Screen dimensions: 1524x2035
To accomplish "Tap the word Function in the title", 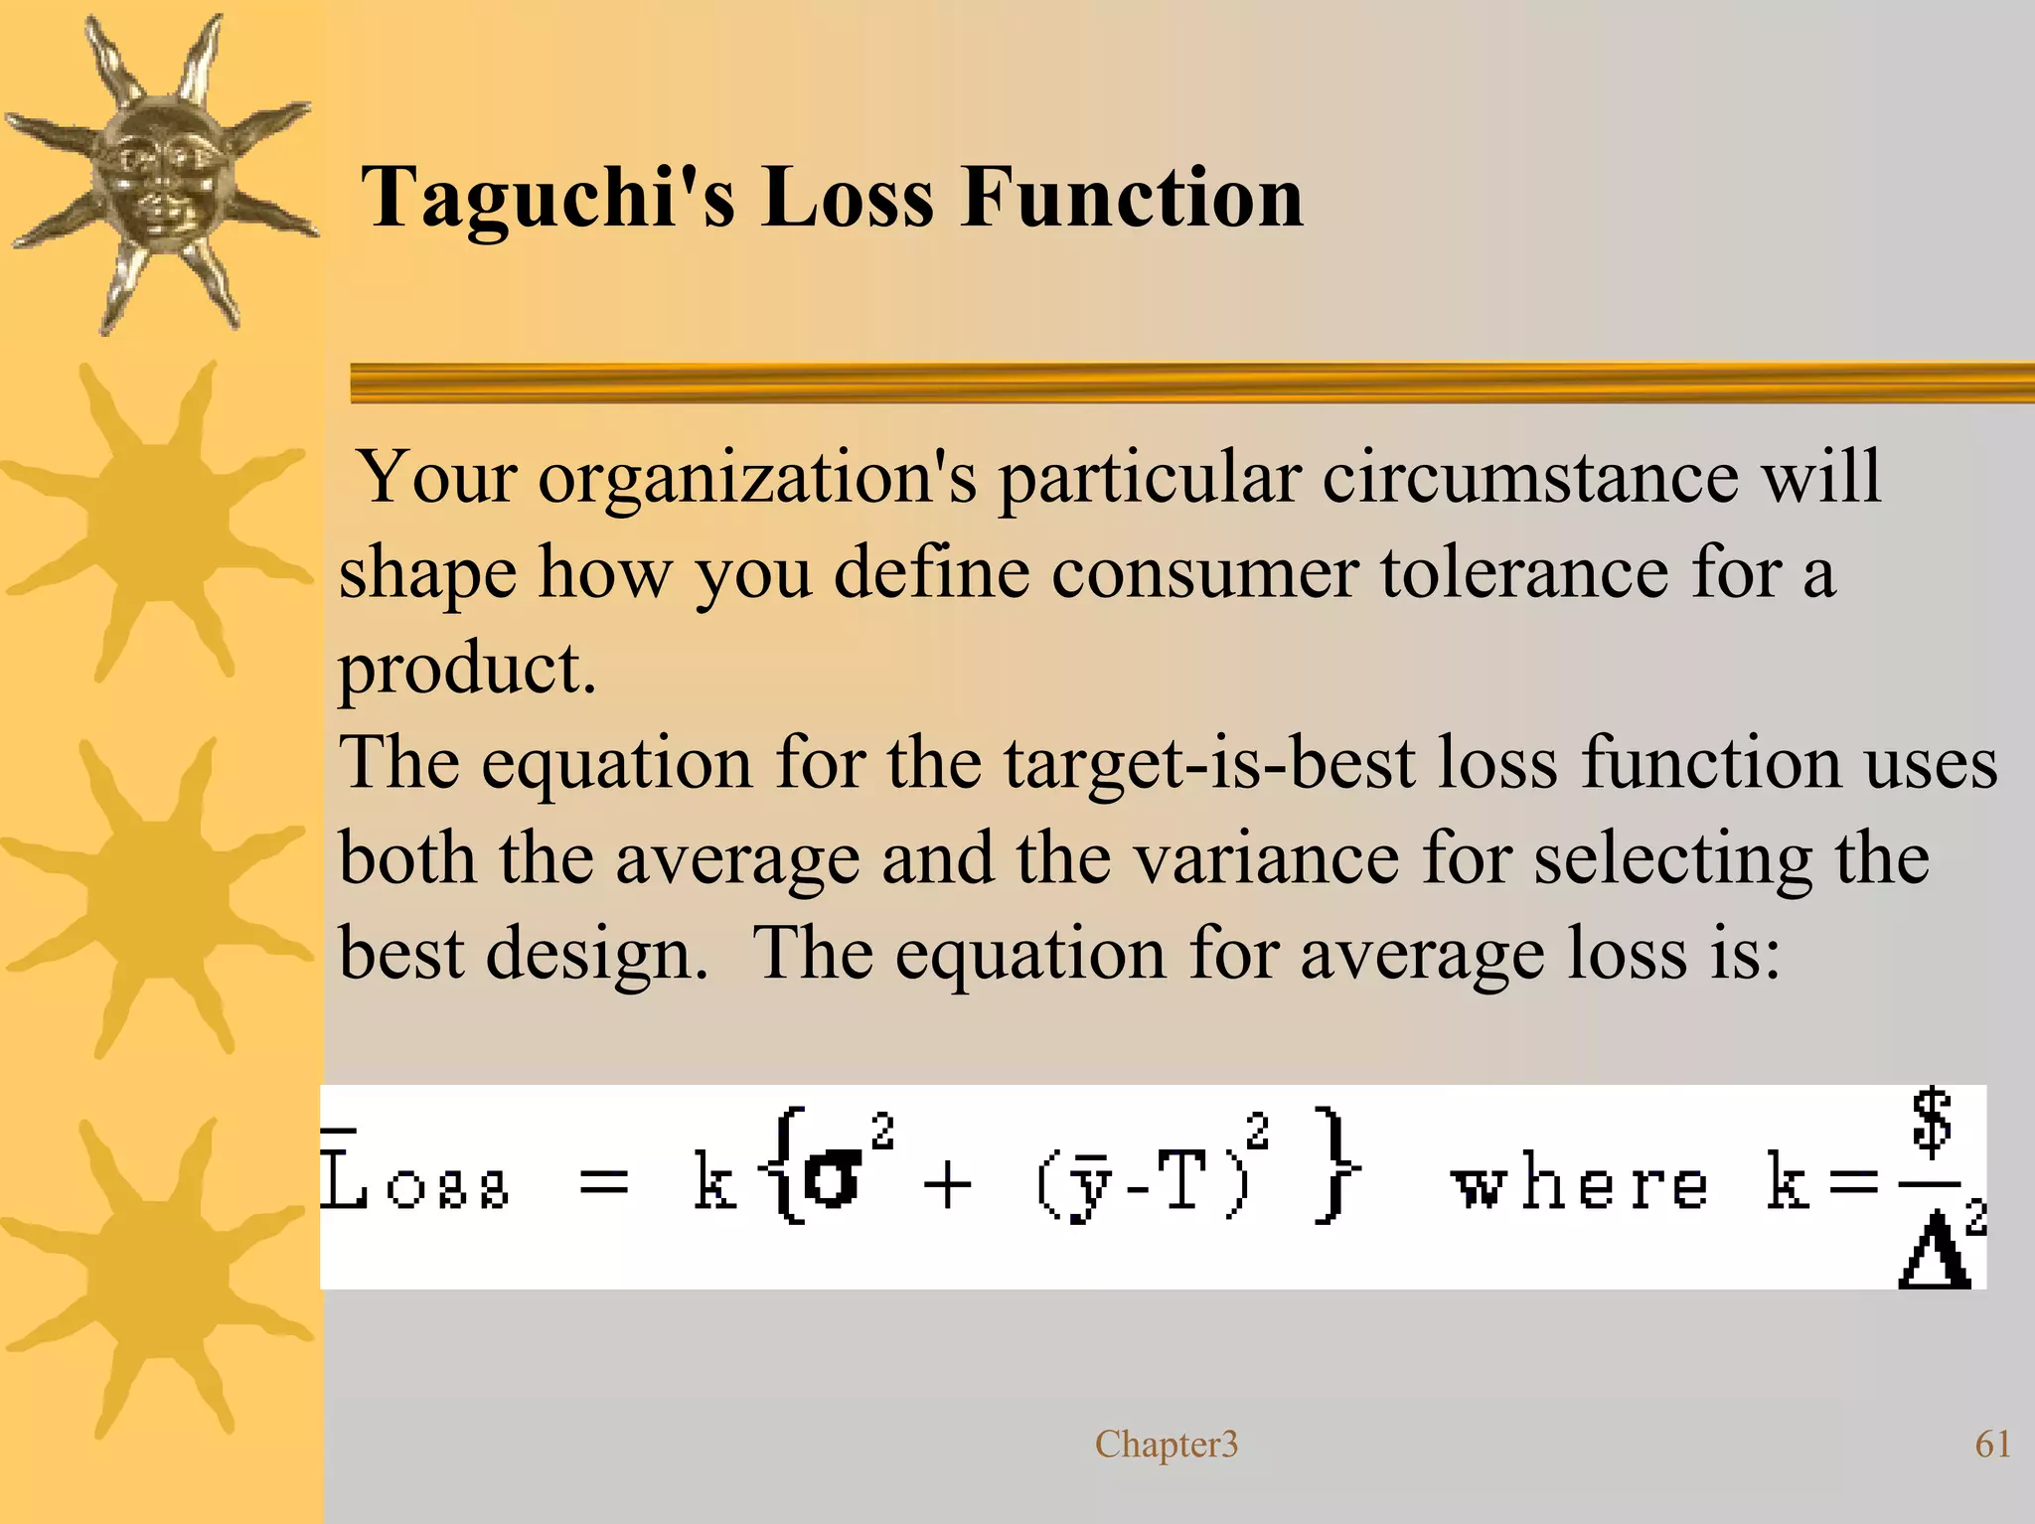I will coord(1132,197).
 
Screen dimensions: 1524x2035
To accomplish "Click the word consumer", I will coord(1203,573).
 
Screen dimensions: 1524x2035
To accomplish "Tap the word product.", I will coord(467,671).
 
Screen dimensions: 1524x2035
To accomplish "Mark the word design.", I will coord(595,955).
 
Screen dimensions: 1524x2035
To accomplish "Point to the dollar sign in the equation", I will coord(1932,1123).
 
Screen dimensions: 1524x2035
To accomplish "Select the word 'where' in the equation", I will coord(1579,1184).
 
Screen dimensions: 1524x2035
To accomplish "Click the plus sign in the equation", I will coord(947,1185).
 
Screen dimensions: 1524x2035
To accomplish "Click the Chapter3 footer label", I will coord(1167,1444).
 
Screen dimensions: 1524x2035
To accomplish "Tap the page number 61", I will coord(1992,1444).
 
